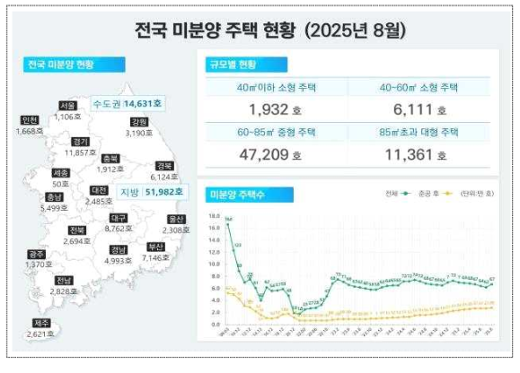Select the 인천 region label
[x=29, y=121]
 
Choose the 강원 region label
[x=138, y=122]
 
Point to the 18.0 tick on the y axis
[x=213, y=216]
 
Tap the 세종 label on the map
[x=60, y=173]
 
